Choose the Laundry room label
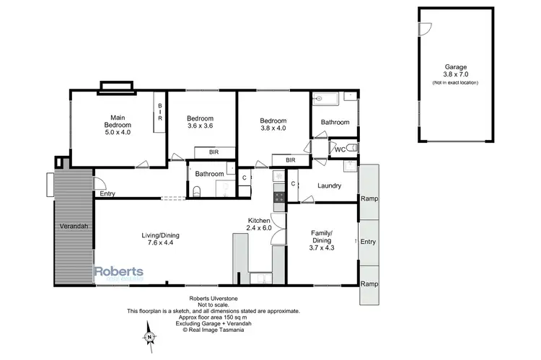328,185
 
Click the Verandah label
74,227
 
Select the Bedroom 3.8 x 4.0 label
273,125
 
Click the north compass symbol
148,336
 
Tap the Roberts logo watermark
119,272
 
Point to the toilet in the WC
351,149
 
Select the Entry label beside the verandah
107,193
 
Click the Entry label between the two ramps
368,242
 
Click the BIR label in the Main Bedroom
160,113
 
